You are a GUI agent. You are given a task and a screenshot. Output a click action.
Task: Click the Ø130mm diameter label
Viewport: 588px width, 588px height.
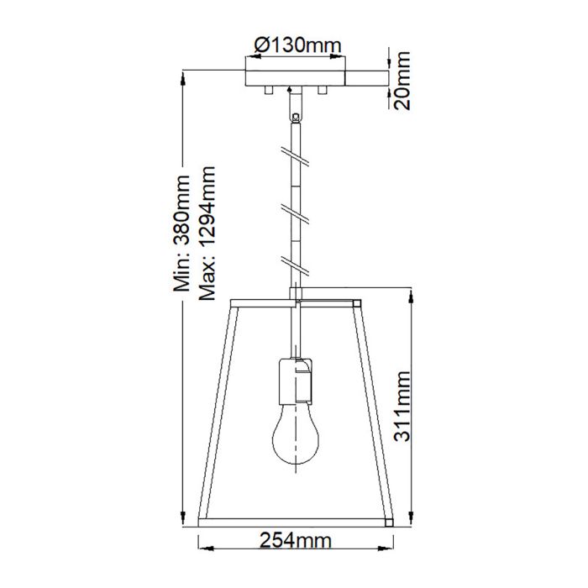tap(292, 44)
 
